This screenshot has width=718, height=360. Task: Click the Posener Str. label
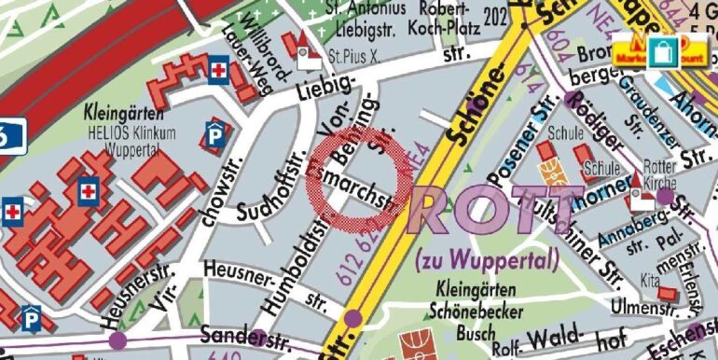click(523, 144)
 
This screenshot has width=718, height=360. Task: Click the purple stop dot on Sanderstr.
click(117, 340)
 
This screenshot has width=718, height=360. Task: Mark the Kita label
click(649, 281)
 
